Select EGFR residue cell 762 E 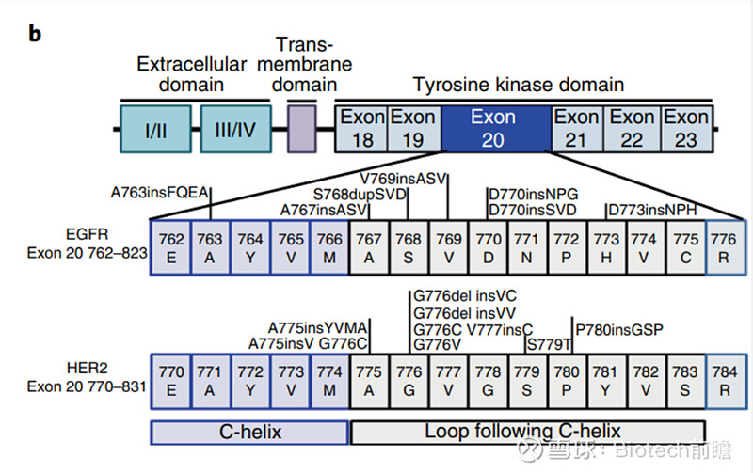pyautogui.click(x=171, y=247)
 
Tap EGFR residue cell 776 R pyautogui.click(x=725, y=247)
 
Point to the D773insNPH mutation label pyautogui.click(x=654, y=209)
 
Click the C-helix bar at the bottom pyautogui.click(x=249, y=432)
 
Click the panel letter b pyautogui.click(x=34, y=34)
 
